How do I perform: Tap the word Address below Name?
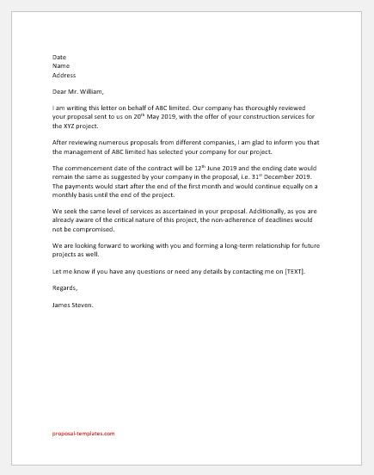[x=64, y=77]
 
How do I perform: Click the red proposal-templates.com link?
[x=83, y=434]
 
